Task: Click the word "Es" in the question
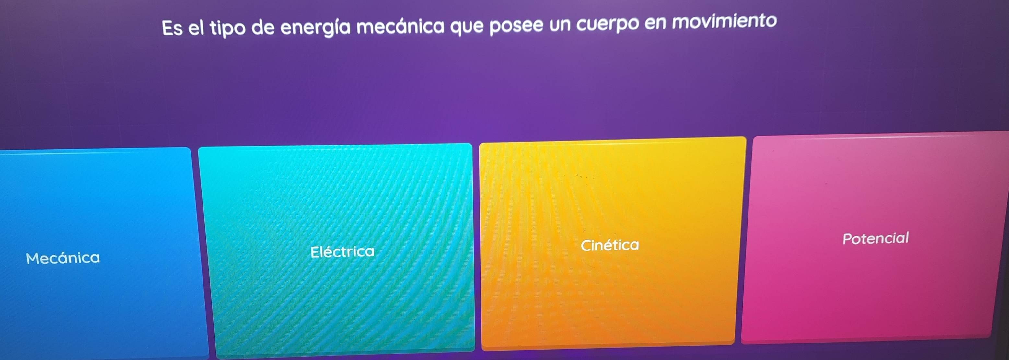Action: (x=172, y=28)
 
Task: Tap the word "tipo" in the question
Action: (x=227, y=29)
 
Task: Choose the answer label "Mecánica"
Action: (x=63, y=258)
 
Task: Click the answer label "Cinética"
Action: (x=610, y=245)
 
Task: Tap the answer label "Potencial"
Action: (x=876, y=238)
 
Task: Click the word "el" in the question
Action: (x=196, y=28)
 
